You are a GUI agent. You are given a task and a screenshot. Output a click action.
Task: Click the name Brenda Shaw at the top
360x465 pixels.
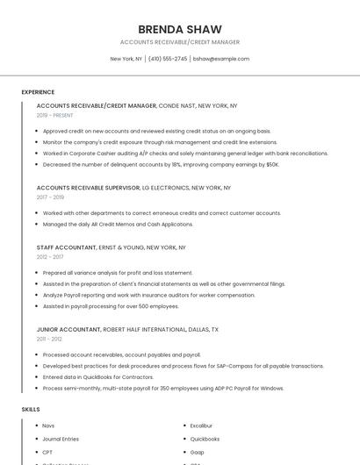tap(179, 29)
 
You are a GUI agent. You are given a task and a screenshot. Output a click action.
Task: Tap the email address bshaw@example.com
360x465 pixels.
tap(221, 59)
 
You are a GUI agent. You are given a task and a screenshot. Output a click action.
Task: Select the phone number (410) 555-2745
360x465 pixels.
tap(168, 59)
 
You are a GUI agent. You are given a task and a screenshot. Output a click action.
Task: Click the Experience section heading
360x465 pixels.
tap(38, 92)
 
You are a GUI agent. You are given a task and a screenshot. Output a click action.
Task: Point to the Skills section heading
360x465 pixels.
tap(31, 410)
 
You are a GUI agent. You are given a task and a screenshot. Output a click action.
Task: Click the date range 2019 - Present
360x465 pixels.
tap(55, 115)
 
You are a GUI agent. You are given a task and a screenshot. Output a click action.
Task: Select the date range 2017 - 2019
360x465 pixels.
tap(50, 197)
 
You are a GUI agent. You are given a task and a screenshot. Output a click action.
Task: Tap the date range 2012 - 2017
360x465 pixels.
tap(50, 257)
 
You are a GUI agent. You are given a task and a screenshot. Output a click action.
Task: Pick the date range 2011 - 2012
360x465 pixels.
tap(49, 339)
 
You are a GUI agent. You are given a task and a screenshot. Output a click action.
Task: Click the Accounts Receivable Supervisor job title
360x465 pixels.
tap(88, 188)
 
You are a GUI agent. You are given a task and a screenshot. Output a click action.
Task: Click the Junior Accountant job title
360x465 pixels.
tap(68, 329)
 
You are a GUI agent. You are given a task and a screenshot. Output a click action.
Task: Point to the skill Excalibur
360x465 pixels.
tap(203, 426)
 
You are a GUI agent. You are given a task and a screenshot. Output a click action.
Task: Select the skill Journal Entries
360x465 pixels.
tap(61, 439)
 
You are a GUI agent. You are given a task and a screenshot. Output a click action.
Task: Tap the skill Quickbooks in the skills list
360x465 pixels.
tap(205, 439)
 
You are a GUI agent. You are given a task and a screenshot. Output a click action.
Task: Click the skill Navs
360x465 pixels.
tap(48, 426)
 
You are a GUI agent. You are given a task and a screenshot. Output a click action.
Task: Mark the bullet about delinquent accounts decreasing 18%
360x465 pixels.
tap(161, 164)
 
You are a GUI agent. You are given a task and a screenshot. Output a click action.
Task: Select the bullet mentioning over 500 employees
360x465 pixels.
tap(111, 306)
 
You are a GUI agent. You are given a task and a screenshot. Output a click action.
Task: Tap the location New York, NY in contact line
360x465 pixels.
tap(126, 59)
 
